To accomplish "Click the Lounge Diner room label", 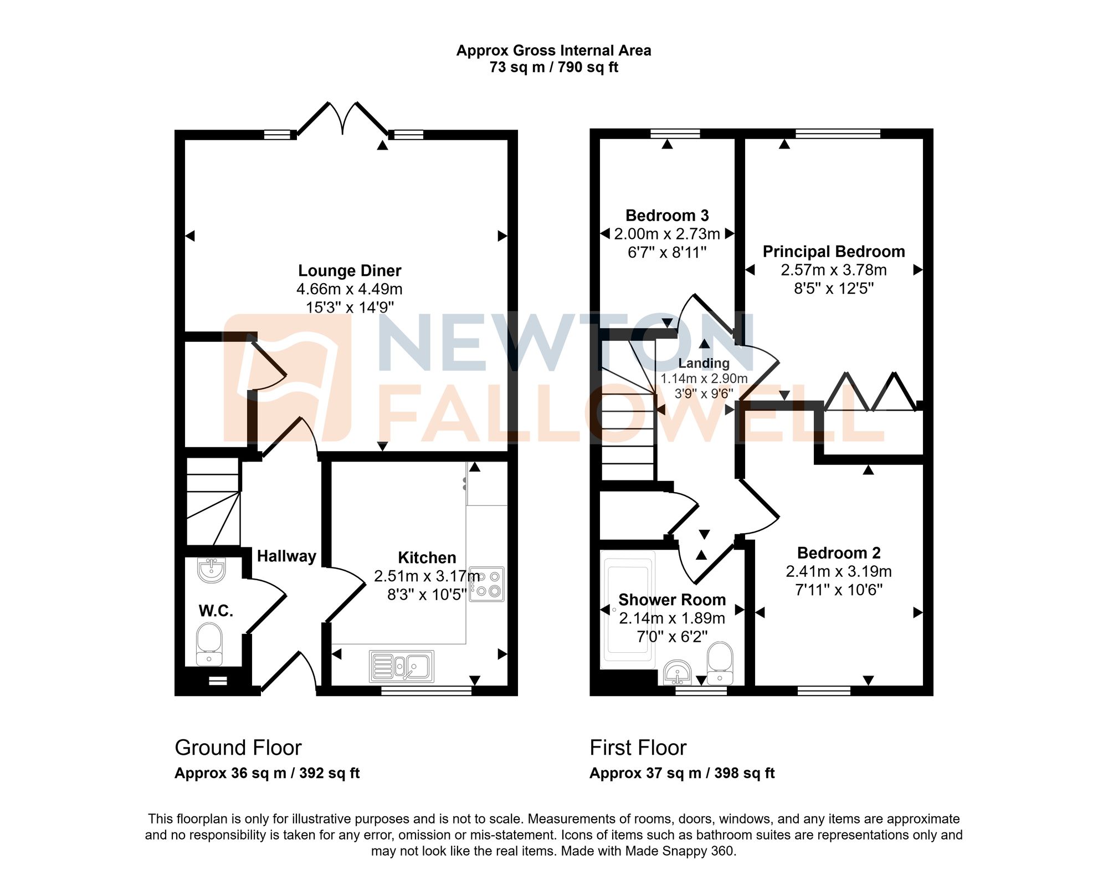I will click(x=350, y=270).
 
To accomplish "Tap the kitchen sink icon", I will click(x=402, y=666).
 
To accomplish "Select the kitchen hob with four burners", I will click(x=487, y=584).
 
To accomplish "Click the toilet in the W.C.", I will click(x=209, y=644).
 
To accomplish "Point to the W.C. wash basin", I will click(x=211, y=570).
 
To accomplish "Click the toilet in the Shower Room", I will click(x=720, y=663).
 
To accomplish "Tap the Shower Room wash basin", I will click(x=677, y=673).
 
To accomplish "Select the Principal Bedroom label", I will click(x=833, y=252).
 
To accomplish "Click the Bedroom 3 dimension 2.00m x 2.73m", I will click(x=667, y=234).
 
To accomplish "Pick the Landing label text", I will click(x=704, y=363).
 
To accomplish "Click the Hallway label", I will click(x=286, y=556).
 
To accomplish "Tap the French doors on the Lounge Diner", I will click(x=343, y=119).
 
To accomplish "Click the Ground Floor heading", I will click(x=238, y=748).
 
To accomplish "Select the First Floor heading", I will click(x=638, y=748).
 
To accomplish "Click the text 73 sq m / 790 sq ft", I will click(x=553, y=68).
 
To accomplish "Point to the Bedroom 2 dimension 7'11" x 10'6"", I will click(x=838, y=590).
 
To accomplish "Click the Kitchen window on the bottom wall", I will click(x=426, y=690).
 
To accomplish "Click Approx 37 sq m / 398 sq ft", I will click(x=681, y=773).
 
